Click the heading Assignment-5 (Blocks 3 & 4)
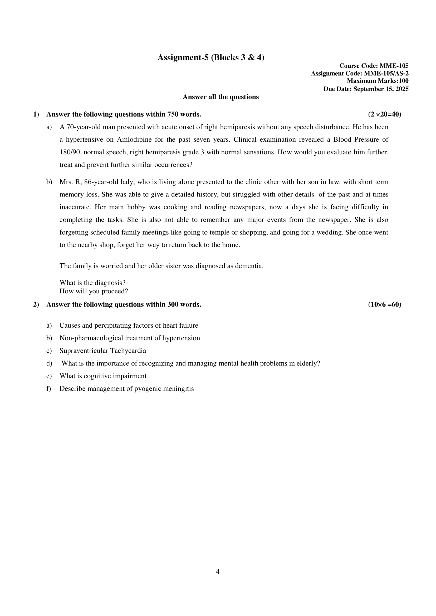coord(211,58)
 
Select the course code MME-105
coord(394,66)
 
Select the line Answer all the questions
coord(221,97)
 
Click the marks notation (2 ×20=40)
coord(385,114)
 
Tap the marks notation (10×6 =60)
coord(385,304)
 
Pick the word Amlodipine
coord(134,140)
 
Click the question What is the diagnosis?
coord(92,283)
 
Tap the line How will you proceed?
coord(94,291)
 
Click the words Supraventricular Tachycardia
coord(103,351)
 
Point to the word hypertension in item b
coord(182,338)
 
